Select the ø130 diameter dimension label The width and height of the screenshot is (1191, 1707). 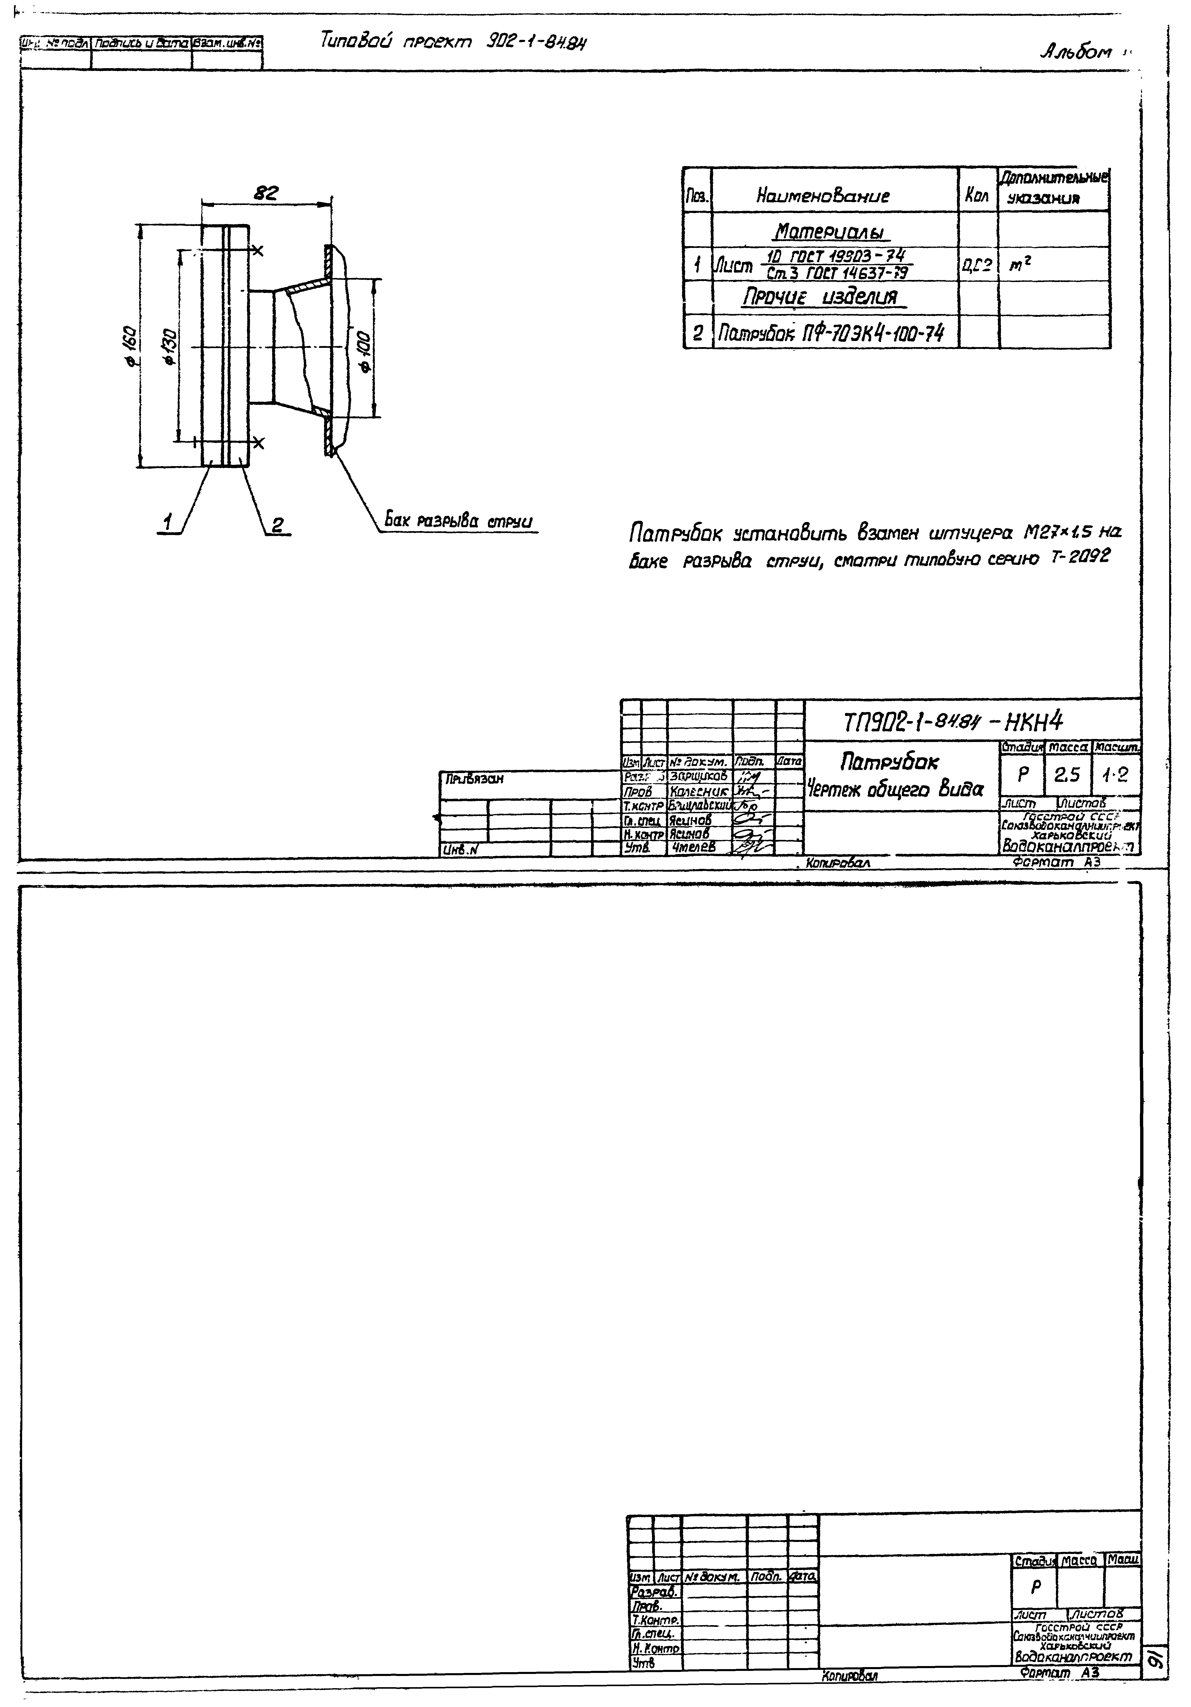point(170,346)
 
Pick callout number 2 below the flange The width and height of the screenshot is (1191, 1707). point(276,525)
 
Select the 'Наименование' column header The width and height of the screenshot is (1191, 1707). point(822,196)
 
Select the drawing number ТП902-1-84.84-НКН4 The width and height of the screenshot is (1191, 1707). point(953,720)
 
